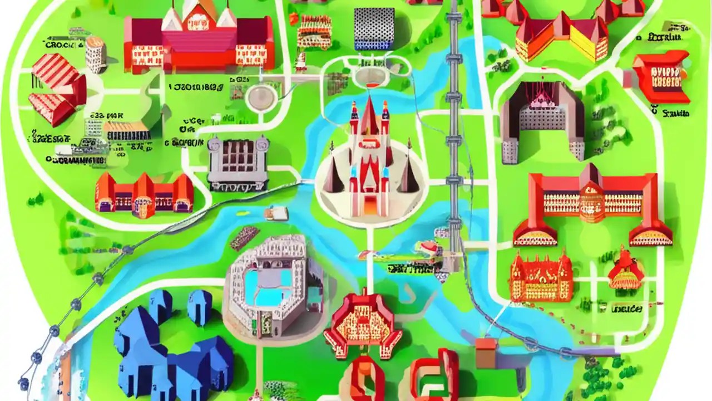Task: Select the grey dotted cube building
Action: pyautogui.click(x=374, y=28)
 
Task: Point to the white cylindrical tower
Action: pyautogui.click(x=95, y=55)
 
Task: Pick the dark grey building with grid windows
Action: pyautogui.click(x=238, y=162)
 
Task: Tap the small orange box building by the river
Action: pyautogui.click(x=486, y=353)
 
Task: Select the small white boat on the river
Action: pyautogui.click(x=276, y=213)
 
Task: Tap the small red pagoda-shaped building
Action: pyautogui.click(x=626, y=270)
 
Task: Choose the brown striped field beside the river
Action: pyautogui.click(x=245, y=238)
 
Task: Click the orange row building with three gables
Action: pyautogui.click(x=144, y=195)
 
